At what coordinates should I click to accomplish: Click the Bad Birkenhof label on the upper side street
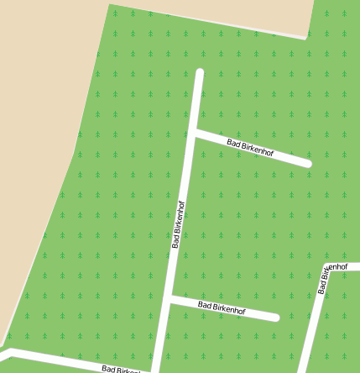point(252,148)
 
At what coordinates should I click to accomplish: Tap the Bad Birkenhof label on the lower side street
point(222,308)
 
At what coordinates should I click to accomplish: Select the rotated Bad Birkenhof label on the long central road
point(178,225)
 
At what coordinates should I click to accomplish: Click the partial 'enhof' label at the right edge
point(336,267)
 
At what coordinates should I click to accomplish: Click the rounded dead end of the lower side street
point(274,318)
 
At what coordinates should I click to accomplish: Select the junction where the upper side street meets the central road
point(194,132)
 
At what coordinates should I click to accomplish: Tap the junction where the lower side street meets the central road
point(170,298)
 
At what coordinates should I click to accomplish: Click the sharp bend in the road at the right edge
point(325,269)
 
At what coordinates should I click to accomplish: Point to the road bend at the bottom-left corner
point(8,351)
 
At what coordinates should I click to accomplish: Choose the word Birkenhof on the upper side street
point(259,150)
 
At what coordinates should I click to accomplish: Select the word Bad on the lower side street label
point(204,305)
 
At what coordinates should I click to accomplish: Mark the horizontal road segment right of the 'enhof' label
point(353,266)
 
